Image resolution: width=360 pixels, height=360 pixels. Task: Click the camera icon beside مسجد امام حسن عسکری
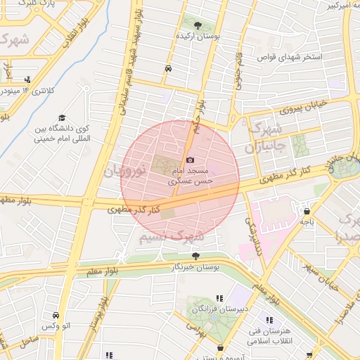pos(190,160)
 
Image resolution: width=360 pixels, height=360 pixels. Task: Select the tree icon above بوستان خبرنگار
pos(195,256)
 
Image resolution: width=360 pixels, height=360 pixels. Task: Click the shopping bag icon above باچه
pos(307,210)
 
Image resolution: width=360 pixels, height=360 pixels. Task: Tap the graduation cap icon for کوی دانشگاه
pos(62,117)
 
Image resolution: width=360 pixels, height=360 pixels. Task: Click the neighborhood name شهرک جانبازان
pos(265,139)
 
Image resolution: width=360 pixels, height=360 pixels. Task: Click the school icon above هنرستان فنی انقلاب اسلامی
pos(270,320)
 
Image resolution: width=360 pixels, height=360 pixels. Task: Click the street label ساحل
pos(30,340)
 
